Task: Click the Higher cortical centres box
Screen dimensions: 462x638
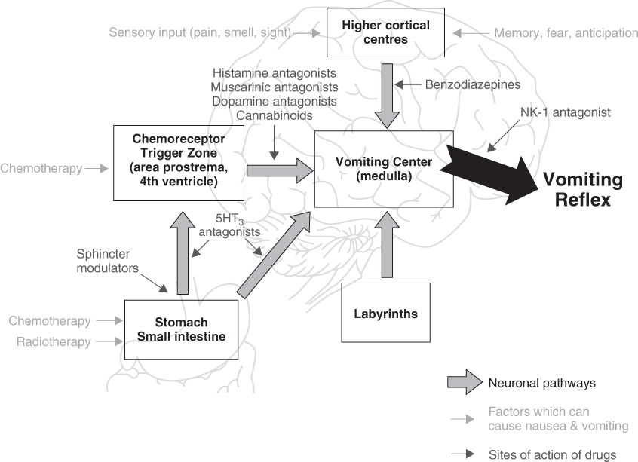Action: coord(385,32)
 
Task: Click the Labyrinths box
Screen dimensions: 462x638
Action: coord(385,312)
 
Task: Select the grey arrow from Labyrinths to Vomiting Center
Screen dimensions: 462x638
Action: coord(388,246)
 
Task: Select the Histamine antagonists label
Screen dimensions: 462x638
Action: coord(274,72)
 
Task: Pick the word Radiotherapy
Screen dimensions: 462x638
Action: coord(54,341)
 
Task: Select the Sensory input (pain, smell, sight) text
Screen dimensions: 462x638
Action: coord(199,32)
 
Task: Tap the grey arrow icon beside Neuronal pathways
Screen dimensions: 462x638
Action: coord(461,382)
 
